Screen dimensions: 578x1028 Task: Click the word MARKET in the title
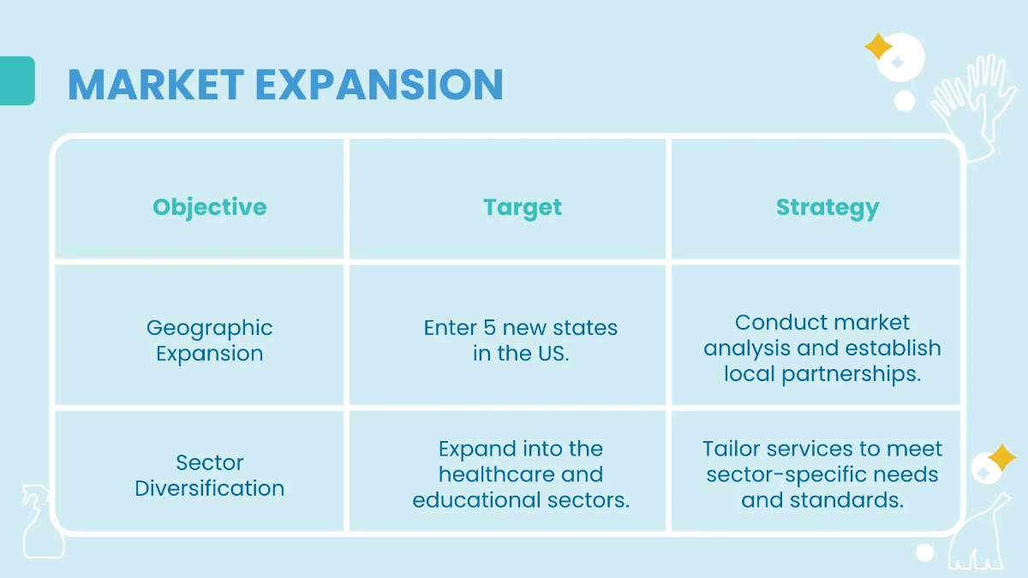click(x=155, y=84)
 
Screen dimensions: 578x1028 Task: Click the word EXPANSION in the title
click(x=379, y=84)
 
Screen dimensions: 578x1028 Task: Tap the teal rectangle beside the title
click(x=17, y=80)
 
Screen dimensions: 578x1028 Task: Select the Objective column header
click(x=210, y=207)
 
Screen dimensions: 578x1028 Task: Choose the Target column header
click(x=523, y=207)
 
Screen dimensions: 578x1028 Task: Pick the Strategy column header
click(x=828, y=207)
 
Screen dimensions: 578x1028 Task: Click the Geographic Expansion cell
click(x=210, y=341)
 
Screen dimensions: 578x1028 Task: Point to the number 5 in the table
click(x=490, y=328)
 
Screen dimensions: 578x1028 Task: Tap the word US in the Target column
click(x=553, y=354)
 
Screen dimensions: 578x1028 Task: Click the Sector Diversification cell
click(x=210, y=475)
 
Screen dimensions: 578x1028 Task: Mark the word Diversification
click(x=210, y=488)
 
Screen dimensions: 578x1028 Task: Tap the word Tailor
click(x=732, y=449)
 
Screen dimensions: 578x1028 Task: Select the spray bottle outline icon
click(x=39, y=522)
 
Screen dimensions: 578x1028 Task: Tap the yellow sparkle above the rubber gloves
click(x=878, y=46)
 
